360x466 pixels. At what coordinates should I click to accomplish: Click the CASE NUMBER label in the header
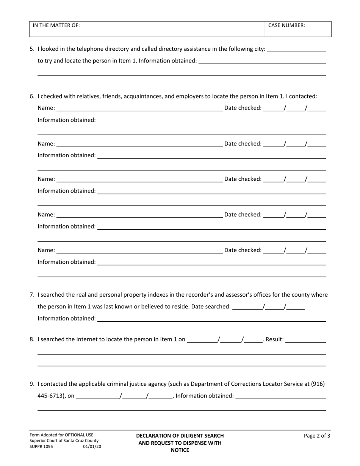(286, 25)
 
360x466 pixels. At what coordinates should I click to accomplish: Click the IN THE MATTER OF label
(56, 25)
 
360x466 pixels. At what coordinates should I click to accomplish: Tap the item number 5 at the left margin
(32, 49)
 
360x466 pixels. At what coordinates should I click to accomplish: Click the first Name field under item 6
(139, 108)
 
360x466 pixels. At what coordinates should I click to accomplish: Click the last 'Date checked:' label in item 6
(243, 250)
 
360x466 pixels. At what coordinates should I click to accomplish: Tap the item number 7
(32, 294)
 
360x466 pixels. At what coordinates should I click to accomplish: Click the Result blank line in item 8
(305, 340)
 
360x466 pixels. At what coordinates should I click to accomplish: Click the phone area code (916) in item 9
(318, 384)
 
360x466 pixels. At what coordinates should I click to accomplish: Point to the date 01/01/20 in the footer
(92, 446)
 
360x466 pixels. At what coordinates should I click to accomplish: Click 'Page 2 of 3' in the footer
(317, 436)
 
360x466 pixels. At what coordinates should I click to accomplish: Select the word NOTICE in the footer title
(180, 450)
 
